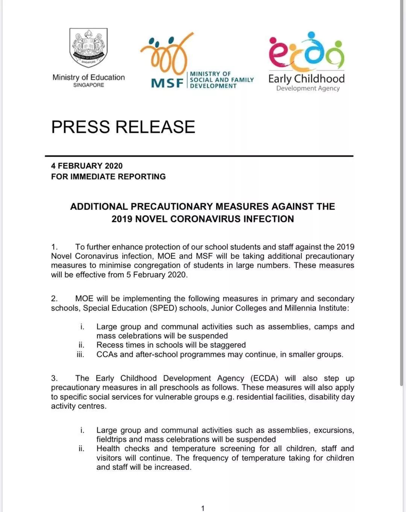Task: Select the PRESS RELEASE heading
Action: [x=123, y=127]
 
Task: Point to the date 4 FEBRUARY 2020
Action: [x=87, y=166]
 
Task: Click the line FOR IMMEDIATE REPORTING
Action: [x=108, y=177]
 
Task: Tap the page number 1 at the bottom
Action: [x=203, y=508]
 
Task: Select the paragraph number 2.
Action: [x=54, y=299]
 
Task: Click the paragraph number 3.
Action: [x=54, y=378]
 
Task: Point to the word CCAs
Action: [x=107, y=354]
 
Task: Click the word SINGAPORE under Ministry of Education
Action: [x=89, y=85]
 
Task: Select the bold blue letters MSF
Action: [x=167, y=83]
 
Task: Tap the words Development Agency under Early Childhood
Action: [x=308, y=88]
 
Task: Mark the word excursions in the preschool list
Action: [x=333, y=430]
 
